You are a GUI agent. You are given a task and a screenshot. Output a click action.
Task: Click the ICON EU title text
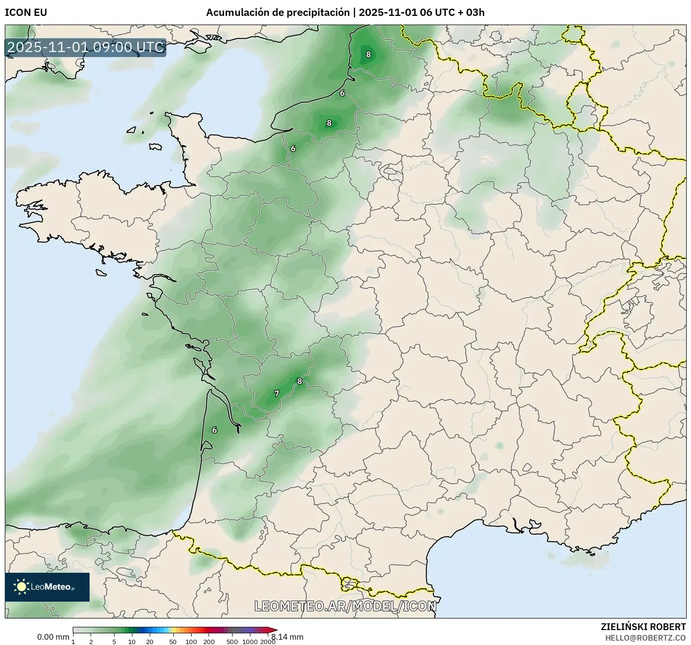tap(26, 13)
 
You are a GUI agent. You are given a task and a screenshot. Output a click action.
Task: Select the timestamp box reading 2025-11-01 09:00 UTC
tap(86, 48)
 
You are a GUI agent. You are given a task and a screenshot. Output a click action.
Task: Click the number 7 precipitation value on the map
tap(276, 394)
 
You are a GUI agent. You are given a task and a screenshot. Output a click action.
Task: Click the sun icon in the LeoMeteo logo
tap(21, 586)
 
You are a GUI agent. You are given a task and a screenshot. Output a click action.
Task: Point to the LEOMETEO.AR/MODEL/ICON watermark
tap(345, 606)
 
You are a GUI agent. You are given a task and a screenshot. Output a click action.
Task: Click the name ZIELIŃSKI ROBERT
tap(643, 627)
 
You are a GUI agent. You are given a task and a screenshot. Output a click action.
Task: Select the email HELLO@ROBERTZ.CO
tap(645, 638)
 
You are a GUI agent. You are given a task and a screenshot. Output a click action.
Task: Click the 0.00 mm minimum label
tap(53, 637)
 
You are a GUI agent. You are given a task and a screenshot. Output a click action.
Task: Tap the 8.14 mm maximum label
tap(287, 637)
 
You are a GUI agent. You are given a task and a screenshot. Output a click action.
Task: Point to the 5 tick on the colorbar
tap(114, 641)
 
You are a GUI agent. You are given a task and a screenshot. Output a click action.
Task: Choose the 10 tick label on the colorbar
tap(132, 641)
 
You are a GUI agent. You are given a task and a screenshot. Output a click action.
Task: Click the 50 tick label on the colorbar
tap(173, 641)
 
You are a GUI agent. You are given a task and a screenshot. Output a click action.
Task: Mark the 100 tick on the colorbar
tap(191, 641)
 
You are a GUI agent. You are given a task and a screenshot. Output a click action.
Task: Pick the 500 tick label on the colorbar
tap(232, 641)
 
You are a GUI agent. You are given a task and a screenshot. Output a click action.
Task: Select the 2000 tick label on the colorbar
tap(268, 641)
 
